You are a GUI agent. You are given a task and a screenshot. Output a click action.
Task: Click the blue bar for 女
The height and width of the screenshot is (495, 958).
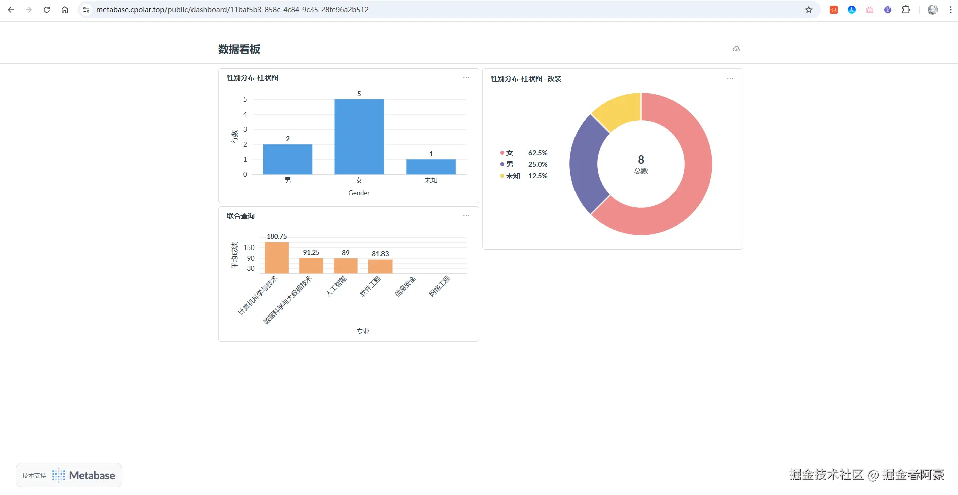359,137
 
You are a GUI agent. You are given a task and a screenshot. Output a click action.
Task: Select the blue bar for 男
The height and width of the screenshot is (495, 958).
288,159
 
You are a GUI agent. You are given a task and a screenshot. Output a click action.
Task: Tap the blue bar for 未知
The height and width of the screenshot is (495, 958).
431,167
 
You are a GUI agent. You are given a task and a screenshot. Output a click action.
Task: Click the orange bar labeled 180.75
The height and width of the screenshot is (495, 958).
277,258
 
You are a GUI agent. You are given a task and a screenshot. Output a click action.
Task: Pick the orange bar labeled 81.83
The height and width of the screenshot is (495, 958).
380,267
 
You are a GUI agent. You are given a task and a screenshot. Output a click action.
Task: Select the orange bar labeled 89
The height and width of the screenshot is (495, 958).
346,266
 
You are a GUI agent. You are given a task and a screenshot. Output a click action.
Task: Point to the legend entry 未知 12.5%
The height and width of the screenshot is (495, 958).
524,176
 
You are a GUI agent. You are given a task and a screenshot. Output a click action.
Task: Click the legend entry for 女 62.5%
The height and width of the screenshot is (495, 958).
524,153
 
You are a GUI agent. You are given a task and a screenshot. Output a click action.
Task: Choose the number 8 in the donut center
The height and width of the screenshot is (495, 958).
641,159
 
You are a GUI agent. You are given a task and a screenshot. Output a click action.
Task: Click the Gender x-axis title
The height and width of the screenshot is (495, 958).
359,193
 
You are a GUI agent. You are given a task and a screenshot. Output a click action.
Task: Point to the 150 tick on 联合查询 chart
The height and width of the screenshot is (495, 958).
249,248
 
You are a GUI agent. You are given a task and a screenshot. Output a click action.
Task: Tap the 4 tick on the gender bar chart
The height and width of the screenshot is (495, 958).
245,114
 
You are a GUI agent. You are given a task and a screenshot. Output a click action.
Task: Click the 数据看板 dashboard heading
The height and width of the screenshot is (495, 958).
239,49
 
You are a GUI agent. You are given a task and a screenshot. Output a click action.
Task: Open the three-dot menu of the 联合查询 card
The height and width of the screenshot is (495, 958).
466,216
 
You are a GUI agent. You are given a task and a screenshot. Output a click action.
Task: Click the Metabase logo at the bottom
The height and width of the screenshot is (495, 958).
84,475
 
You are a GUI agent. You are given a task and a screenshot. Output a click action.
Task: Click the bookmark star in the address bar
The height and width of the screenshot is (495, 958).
809,10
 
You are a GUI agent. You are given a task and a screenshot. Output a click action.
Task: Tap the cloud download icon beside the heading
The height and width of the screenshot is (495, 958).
736,49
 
